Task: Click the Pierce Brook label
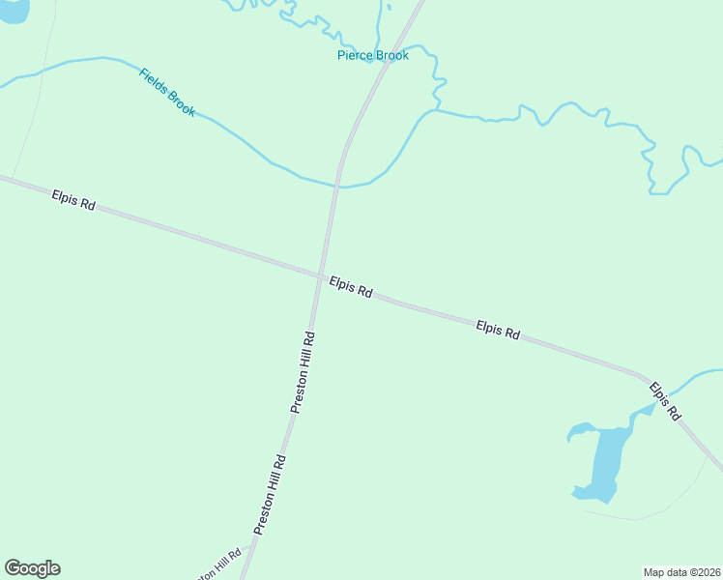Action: pos(372,55)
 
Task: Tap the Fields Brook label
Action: pos(167,92)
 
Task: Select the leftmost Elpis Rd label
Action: pos(73,200)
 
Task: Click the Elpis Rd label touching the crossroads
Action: pos(351,287)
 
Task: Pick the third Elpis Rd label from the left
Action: pos(498,330)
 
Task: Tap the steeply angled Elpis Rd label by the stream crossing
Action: pos(665,401)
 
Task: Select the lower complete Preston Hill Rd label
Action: pos(270,495)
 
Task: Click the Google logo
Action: pos(32,568)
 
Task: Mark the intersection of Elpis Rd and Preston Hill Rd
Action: pos(320,276)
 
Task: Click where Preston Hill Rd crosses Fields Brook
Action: pos(337,184)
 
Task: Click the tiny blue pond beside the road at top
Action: pos(389,7)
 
